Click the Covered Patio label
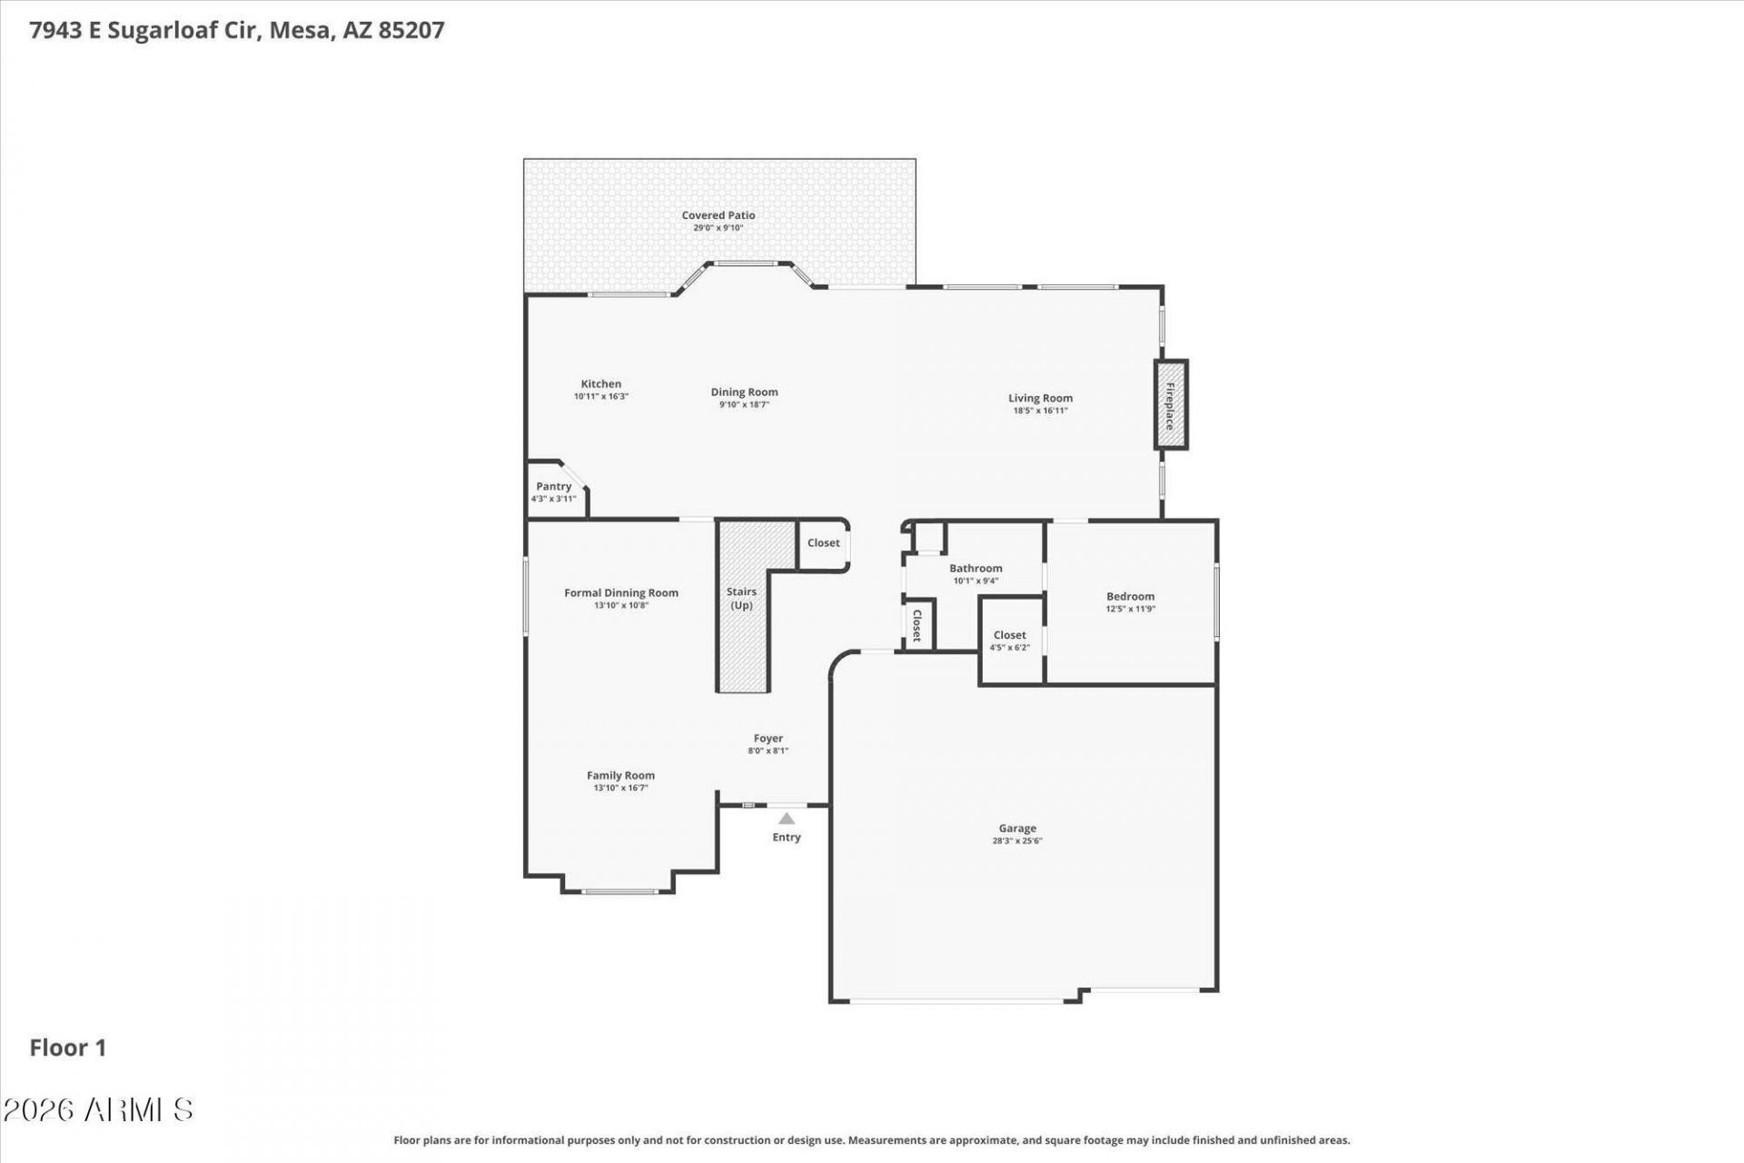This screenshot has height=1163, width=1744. [x=718, y=215]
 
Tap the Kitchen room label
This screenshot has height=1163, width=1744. [x=601, y=383]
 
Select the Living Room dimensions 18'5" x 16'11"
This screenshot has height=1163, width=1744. [x=1040, y=411]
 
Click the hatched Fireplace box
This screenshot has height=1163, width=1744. [x=1171, y=404]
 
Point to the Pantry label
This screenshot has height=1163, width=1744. [x=554, y=486]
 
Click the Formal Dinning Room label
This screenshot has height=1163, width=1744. [x=621, y=592]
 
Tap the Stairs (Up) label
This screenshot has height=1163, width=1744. [x=742, y=598]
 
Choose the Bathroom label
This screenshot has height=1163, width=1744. [x=976, y=568]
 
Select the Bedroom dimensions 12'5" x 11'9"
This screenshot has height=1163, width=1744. [x=1130, y=610]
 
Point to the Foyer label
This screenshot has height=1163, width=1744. [x=768, y=739]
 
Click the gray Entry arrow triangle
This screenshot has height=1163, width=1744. [x=787, y=819]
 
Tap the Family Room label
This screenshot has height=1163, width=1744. [x=620, y=775]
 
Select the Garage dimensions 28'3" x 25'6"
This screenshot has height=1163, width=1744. [x=1017, y=841]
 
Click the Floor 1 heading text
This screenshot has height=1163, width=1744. [x=68, y=1048]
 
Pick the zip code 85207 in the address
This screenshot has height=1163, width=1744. [x=411, y=30]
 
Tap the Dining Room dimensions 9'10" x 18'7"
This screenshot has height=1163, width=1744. [x=745, y=405]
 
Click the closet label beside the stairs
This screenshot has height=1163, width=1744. [x=824, y=542]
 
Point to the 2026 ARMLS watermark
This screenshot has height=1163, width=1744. [x=98, y=1109]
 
